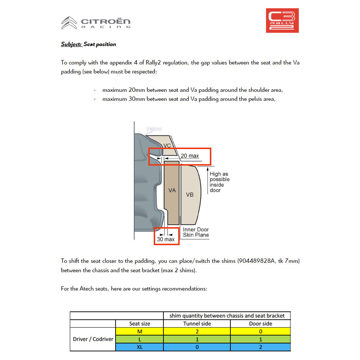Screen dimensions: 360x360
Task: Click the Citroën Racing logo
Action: click(x=96, y=23)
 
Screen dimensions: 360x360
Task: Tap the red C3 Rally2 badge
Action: click(x=282, y=21)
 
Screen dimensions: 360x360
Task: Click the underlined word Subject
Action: click(x=71, y=44)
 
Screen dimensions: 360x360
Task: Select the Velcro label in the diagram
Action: click(x=154, y=129)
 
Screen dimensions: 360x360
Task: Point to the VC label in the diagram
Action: click(x=167, y=145)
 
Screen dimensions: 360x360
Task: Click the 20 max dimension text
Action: click(x=190, y=156)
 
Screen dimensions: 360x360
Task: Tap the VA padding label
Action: click(x=172, y=190)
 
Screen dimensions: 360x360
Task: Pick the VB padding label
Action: click(x=190, y=195)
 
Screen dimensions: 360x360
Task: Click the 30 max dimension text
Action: click(x=166, y=239)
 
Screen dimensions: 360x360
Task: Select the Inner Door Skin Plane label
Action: click(x=196, y=232)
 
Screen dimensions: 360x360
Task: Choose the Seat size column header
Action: click(x=140, y=324)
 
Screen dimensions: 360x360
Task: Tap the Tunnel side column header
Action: click(x=197, y=324)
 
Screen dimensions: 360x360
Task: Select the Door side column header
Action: click(x=260, y=324)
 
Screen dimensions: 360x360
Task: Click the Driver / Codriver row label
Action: click(x=93, y=339)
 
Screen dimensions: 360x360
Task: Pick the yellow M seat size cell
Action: click(x=140, y=332)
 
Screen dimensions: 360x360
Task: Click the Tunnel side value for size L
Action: click(x=197, y=339)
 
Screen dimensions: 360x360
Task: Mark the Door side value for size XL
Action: click(x=260, y=347)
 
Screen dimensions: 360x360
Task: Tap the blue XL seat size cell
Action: click(x=140, y=347)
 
